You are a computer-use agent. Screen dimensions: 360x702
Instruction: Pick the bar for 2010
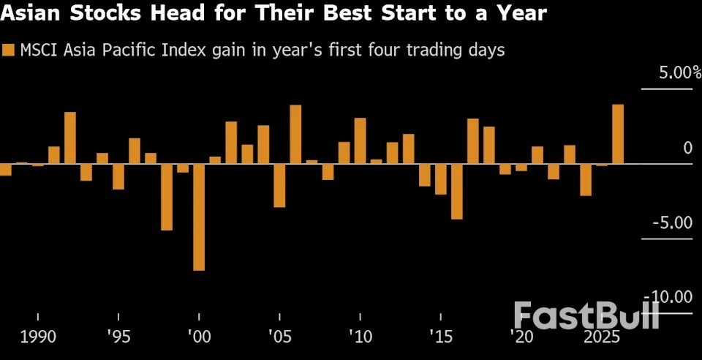tap(360, 140)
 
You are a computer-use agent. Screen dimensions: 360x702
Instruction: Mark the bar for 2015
tap(440, 179)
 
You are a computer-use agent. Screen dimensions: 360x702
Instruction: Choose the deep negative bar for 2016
tap(457, 191)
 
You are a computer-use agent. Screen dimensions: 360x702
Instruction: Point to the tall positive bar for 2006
tap(295, 135)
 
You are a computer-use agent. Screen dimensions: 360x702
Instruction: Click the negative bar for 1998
tap(167, 197)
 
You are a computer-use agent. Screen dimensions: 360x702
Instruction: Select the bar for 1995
tap(118, 176)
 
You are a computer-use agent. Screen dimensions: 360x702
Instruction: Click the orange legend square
tap(9, 50)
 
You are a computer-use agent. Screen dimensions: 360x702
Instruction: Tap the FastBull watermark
tap(586, 315)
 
